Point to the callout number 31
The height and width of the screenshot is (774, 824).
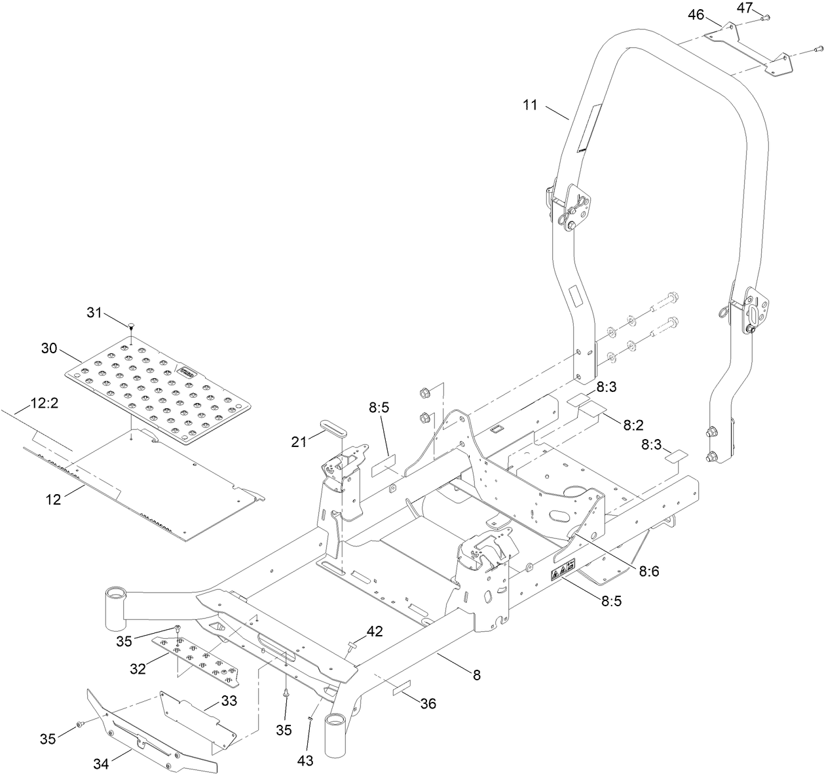pyautogui.click(x=96, y=313)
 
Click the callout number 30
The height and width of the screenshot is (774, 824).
pyautogui.click(x=50, y=349)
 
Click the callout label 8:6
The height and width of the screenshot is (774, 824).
pyautogui.click(x=648, y=570)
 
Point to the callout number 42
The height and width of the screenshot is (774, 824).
pyautogui.click(x=375, y=631)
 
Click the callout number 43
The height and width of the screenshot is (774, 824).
pyautogui.click(x=305, y=760)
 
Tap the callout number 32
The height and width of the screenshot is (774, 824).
pyautogui.click(x=138, y=669)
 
